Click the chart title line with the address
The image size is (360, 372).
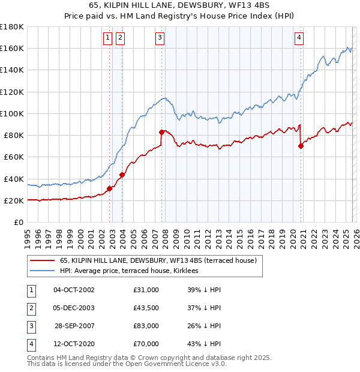[x=180, y=5]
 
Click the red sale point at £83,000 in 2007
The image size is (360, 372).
[x=161, y=132]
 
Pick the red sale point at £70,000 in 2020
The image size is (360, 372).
[x=301, y=146]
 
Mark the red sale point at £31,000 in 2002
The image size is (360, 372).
[x=109, y=188]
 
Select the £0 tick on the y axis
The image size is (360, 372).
[x=19, y=222]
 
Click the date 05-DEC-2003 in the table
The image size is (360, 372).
[x=74, y=308]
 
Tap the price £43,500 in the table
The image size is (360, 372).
[x=146, y=308]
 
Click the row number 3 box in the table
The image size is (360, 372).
[x=30, y=326]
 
